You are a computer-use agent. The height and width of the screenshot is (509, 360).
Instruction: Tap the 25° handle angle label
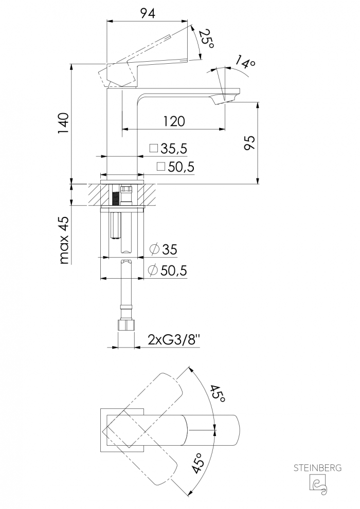(x=206, y=38)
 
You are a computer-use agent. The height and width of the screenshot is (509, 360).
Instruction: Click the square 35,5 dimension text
(x=168, y=149)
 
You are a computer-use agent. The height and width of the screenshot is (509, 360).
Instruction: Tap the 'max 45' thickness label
(x=64, y=240)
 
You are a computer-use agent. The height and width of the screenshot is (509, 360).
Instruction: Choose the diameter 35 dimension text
(x=163, y=250)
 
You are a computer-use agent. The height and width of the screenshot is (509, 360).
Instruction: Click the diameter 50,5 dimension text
(x=167, y=270)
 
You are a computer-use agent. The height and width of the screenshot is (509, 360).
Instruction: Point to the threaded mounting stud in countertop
(x=115, y=197)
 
